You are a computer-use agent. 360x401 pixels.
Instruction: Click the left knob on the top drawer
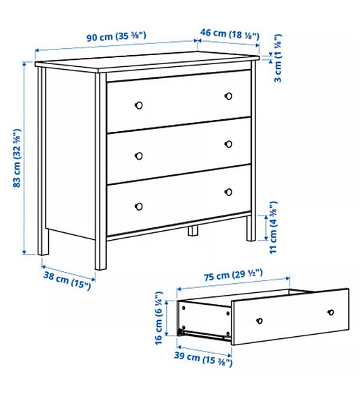(138, 105)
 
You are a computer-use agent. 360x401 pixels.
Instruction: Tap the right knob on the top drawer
(228, 95)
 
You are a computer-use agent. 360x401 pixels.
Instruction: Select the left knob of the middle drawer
(138, 155)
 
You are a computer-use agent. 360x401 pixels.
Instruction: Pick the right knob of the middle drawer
(228, 144)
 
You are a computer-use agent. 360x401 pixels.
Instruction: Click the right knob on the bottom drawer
(228, 191)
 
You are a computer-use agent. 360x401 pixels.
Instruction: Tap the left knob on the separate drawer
(260, 321)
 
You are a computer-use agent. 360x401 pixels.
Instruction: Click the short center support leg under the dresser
(193, 231)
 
